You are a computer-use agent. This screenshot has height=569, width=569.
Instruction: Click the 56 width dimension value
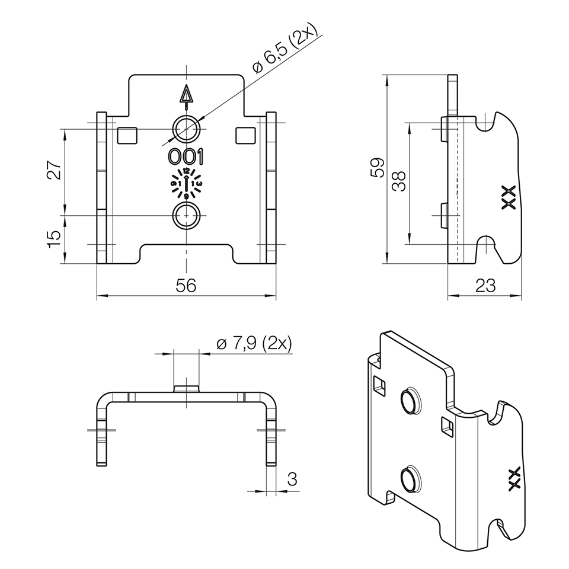(x=186, y=286)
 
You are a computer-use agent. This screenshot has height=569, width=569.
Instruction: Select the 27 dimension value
(x=54, y=170)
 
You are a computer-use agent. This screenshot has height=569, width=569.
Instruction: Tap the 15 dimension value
(x=54, y=238)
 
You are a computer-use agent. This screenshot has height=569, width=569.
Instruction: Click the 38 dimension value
(x=399, y=181)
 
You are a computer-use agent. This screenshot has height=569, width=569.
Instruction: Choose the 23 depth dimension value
(x=485, y=286)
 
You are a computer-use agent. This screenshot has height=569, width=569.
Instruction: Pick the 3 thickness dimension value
(x=292, y=480)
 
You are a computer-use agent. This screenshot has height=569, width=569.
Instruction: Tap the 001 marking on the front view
(x=186, y=156)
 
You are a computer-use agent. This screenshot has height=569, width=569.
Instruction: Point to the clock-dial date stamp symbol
(x=186, y=183)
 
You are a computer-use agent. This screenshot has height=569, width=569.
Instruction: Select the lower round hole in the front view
(x=186, y=216)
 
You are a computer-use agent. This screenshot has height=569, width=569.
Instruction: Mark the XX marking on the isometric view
(x=514, y=478)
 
